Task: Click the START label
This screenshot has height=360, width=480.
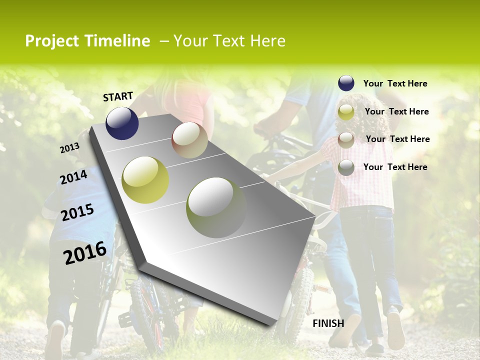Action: click(x=118, y=96)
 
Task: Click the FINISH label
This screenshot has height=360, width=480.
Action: click(x=328, y=323)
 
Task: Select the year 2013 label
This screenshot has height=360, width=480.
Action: click(x=69, y=148)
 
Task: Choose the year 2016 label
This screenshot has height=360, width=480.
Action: click(x=85, y=252)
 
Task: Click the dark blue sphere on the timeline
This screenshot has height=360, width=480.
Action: click(x=122, y=123)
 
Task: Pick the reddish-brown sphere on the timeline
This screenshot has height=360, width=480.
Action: click(x=189, y=139)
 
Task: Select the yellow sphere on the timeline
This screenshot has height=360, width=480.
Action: click(x=145, y=179)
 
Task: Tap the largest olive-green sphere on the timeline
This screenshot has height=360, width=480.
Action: click(x=216, y=207)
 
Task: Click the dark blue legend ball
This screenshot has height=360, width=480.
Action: click(x=346, y=83)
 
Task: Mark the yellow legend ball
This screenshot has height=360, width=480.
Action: click(x=346, y=112)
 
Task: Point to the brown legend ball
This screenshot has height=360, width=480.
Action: click(x=346, y=139)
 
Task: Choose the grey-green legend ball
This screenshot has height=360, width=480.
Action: click(x=346, y=167)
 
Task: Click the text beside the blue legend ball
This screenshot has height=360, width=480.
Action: click(x=395, y=83)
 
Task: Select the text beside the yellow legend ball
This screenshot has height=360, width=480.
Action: click(x=396, y=111)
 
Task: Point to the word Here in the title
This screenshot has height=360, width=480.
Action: click(x=267, y=41)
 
